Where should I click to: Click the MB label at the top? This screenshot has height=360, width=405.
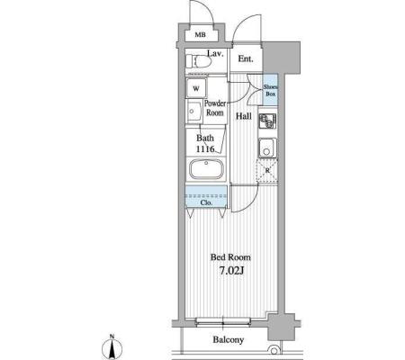pyautogui.click(x=201, y=35)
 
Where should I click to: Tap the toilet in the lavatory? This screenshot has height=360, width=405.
pyautogui.click(x=198, y=61)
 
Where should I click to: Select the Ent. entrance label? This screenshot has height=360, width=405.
pyautogui.click(x=246, y=58)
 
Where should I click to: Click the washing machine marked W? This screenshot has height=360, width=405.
pyautogui.click(x=196, y=88)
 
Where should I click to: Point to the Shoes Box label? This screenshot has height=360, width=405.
pyautogui.click(x=271, y=90)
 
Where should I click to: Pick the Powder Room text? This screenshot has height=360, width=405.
pyautogui.click(x=215, y=108)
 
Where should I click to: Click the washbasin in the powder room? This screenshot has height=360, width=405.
pyautogui.click(x=193, y=112)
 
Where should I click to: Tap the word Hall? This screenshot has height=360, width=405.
pyautogui.click(x=243, y=116)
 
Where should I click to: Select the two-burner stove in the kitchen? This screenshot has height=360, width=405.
pyautogui.click(x=267, y=121)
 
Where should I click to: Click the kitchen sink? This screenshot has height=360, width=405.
pyautogui.click(x=266, y=148)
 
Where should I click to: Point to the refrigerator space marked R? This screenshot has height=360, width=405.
pyautogui.click(x=267, y=171)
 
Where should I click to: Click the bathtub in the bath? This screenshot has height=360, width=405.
pyautogui.click(x=206, y=169)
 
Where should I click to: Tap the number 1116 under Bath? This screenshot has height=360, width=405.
pyautogui.click(x=205, y=148)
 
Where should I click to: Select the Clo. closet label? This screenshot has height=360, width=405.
pyautogui.click(x=206, y=202)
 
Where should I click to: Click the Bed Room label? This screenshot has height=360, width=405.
pyautogui.click(x=230, y=257)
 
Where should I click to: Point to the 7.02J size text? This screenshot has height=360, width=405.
pyautogui.click(x=231, y=271)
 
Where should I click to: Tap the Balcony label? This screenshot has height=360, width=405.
pyautogui.click(x=229, y=340)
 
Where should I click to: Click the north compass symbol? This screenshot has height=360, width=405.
pyautogui.click(x=112, y=348)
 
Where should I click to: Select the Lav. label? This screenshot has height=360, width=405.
pyautogui.click(x=215, y=54)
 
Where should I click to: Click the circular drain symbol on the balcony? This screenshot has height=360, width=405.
pyautogui.click(x=274, y=351)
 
